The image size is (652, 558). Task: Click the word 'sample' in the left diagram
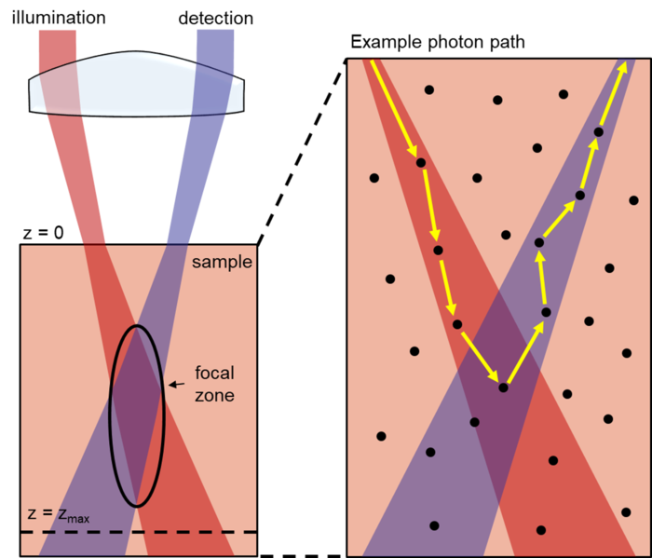coord(222,262)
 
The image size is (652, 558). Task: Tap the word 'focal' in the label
coord(214,374)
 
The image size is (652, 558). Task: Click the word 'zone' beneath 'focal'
coord(214,395)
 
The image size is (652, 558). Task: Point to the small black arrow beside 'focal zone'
coord(174,383)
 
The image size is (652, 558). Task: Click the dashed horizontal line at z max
coord(186,532)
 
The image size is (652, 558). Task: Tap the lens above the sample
coord(138,86)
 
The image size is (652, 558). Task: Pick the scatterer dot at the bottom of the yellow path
coord(503,388)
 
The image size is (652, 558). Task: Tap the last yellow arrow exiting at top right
coord(610,98)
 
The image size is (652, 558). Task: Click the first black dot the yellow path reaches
coord(421,163)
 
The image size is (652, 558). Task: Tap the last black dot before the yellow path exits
coord(598,132)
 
